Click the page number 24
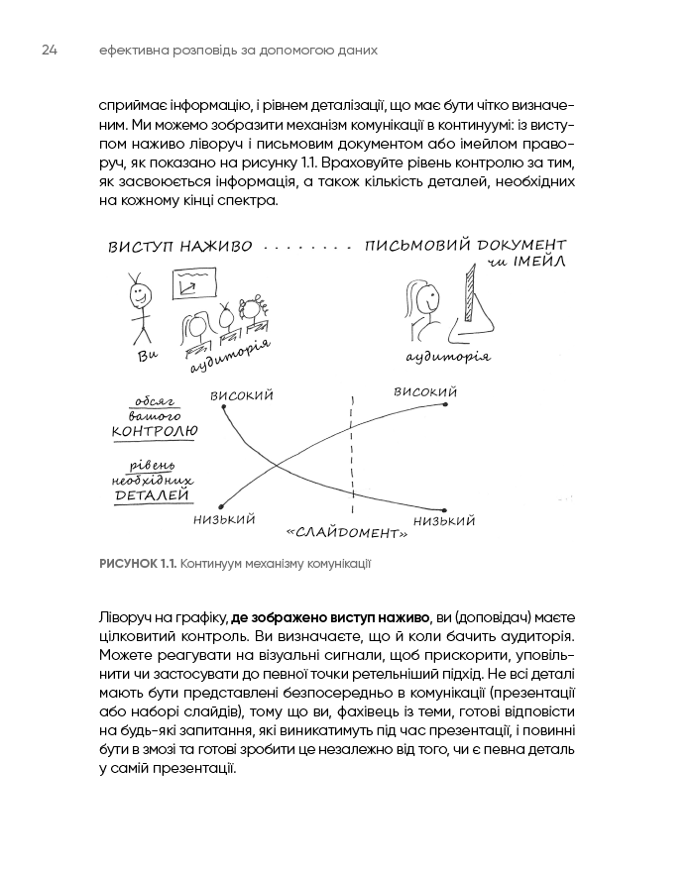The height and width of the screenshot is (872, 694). (x=51, y=49)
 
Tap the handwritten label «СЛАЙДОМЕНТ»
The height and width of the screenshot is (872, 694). (x=347, y=532)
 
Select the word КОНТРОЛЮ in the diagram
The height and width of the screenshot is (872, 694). (x=156, y=431)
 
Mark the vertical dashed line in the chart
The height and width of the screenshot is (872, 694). (x=351, y=456)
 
